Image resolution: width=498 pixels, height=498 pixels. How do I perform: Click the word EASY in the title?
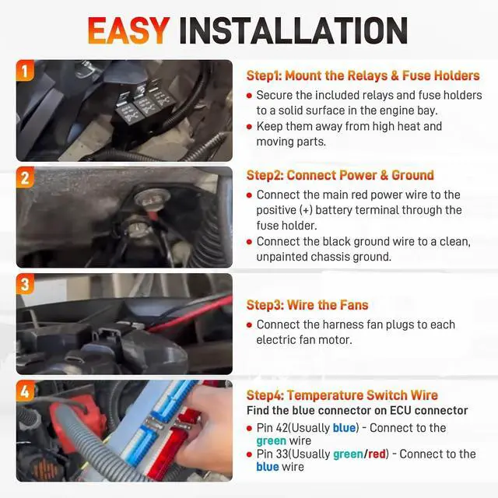click(128, 30)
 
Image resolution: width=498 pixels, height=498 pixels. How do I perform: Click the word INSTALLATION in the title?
click(293, 30)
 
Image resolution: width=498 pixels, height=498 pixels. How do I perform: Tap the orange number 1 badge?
click(25, 70)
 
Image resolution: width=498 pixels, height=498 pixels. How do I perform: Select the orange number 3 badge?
click(25, 283)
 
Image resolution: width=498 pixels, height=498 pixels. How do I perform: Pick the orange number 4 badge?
click(25, 391)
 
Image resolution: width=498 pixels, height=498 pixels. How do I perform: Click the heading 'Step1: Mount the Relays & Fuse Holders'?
click(363, 75)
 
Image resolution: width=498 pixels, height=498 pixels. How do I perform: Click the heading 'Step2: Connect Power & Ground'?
click(340, 175)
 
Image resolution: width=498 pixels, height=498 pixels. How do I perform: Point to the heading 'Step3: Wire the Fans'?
click(307, 305)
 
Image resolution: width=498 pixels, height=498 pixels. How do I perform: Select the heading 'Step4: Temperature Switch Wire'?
click(342, 395)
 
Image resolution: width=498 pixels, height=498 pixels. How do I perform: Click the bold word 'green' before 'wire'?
click(272, 441)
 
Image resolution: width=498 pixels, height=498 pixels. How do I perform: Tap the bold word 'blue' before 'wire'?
click(268, 467)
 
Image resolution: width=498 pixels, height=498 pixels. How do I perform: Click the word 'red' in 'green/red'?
click(377, 454)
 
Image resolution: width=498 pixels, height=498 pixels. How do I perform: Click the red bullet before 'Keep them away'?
click(249, 127)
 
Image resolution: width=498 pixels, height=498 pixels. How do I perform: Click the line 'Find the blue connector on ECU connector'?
click(357, 410)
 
